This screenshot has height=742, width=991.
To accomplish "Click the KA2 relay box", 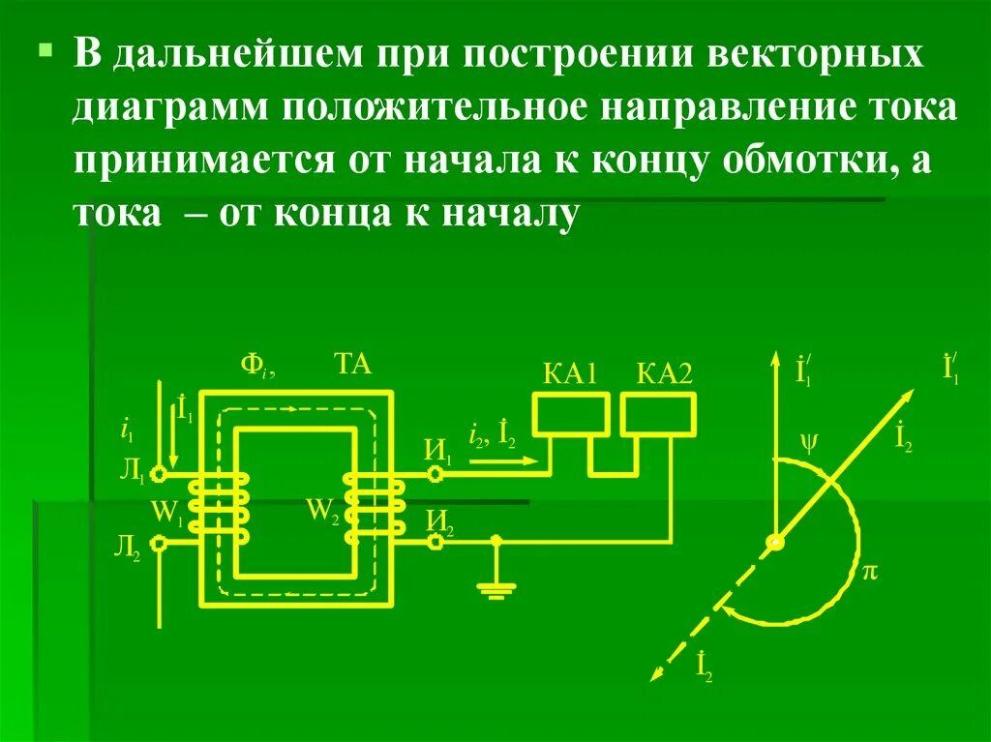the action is (658, 416).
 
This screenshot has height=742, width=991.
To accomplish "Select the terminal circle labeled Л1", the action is (161, 474).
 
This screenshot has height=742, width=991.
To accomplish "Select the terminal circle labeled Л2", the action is (161, 544).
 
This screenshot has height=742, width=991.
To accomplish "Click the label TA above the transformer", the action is (352, 365).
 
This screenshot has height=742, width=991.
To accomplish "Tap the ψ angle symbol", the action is (809, 443).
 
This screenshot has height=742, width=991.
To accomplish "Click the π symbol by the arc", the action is (869, 573).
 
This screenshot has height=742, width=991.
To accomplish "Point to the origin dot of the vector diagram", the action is (774, 543).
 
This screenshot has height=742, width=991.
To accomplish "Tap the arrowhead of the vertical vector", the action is (774, 359).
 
